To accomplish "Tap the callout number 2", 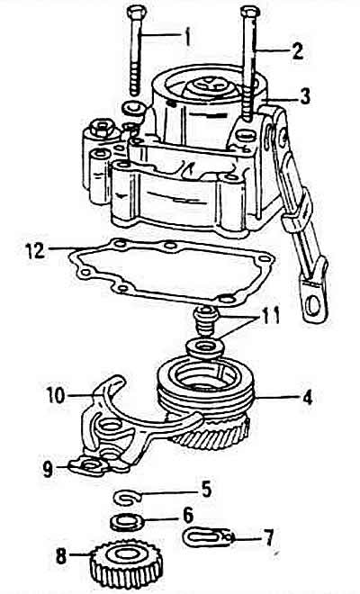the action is coord(298,50).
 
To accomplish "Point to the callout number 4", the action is coord(308,398).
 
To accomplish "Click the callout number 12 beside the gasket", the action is coord(35,250).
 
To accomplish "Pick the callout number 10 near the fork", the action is coord(56,395).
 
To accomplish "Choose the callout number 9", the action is coord(48,469).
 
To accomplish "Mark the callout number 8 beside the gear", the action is coord(61,556).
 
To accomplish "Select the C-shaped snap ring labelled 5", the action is coord(128,498).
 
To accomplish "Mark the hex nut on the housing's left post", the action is coord(101,129).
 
